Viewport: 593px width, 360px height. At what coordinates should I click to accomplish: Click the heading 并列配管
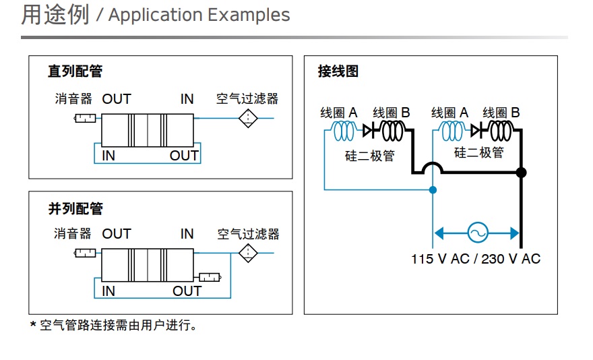75,209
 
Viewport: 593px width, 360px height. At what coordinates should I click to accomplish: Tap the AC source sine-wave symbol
477,233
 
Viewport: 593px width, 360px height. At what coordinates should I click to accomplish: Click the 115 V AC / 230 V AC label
476,259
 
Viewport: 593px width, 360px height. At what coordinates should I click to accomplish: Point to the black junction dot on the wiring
520,173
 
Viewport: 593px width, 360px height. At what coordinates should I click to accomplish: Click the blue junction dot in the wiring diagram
433,190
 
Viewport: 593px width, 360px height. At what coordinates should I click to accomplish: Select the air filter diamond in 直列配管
248,119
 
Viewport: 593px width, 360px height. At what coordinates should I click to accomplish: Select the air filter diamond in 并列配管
248,253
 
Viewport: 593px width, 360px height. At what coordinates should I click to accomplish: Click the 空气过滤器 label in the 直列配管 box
247,99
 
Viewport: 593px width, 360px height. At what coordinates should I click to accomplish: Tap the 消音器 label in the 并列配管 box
73,234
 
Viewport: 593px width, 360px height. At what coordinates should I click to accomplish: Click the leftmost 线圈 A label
338,113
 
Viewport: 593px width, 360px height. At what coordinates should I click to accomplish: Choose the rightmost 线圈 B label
501,113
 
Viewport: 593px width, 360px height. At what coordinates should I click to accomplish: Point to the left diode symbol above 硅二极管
369,129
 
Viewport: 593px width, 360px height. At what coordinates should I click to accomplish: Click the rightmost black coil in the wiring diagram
499,129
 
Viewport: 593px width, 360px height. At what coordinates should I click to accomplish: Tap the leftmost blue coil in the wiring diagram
344,130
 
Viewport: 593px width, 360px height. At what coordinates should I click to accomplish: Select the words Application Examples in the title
199,16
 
